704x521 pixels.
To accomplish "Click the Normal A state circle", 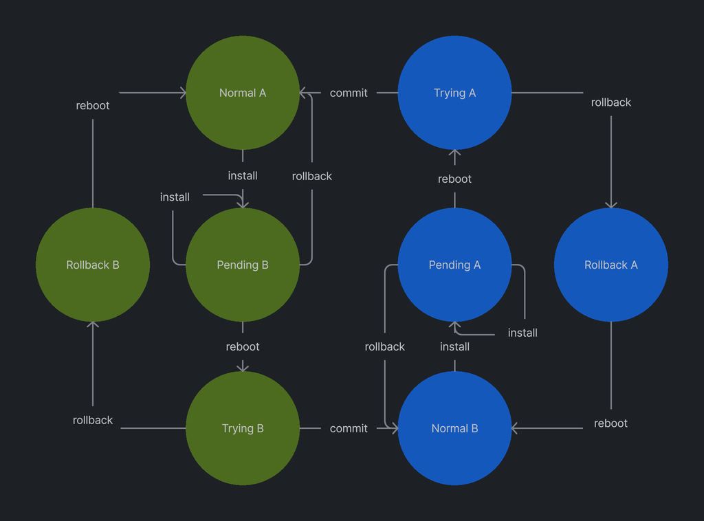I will (x=243, y=93).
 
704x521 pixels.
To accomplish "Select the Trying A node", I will (x=454, y=93).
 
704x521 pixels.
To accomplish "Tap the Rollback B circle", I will (x=93, y=265).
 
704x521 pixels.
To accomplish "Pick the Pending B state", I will (x=243, y=265).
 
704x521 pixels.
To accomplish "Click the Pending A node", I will (x=454, y=265).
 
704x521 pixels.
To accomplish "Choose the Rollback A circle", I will (x=610, y=265).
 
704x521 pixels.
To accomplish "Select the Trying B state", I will (x=243, y=428).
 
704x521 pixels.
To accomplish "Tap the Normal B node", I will (x=454, y=428).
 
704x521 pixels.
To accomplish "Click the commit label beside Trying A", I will (x=349, y=93).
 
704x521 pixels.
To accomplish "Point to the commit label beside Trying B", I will (x=349, y=428).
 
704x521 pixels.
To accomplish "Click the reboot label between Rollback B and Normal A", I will (x=93, y=105).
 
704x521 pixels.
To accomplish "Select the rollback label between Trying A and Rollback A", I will (x=610, y=102).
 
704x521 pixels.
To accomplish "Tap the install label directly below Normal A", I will (x=243, y=176).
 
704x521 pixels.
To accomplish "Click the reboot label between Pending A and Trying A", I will (x=454, y=179).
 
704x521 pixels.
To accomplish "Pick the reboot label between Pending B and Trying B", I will (x=243, y=346).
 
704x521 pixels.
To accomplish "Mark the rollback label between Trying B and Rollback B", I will (x=93, y=420).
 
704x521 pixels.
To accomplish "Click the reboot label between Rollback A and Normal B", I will (x=610, y=423).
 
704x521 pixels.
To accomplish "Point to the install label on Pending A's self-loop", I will (x=522, y=333).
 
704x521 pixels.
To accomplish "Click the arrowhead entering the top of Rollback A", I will (x=610, y=205).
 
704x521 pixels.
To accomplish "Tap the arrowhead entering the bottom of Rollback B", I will (x=93, y=324).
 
